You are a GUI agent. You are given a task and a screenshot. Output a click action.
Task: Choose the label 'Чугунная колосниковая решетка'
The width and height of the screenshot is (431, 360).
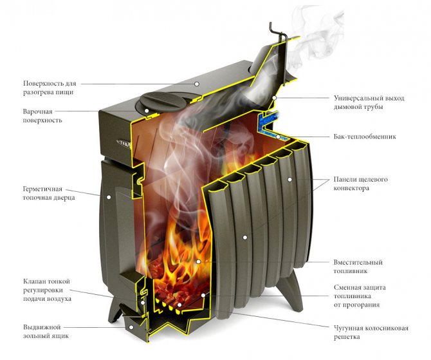(371, 332)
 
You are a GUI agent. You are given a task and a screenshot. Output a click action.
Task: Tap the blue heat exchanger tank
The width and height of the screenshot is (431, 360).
(266, 121)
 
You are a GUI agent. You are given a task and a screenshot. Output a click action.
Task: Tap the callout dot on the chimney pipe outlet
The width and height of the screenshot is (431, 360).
(274, 97)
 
